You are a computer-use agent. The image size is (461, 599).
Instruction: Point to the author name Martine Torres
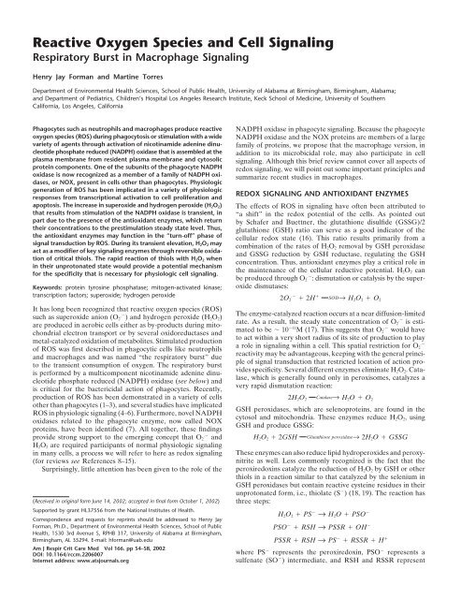click(x=143, y=60)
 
